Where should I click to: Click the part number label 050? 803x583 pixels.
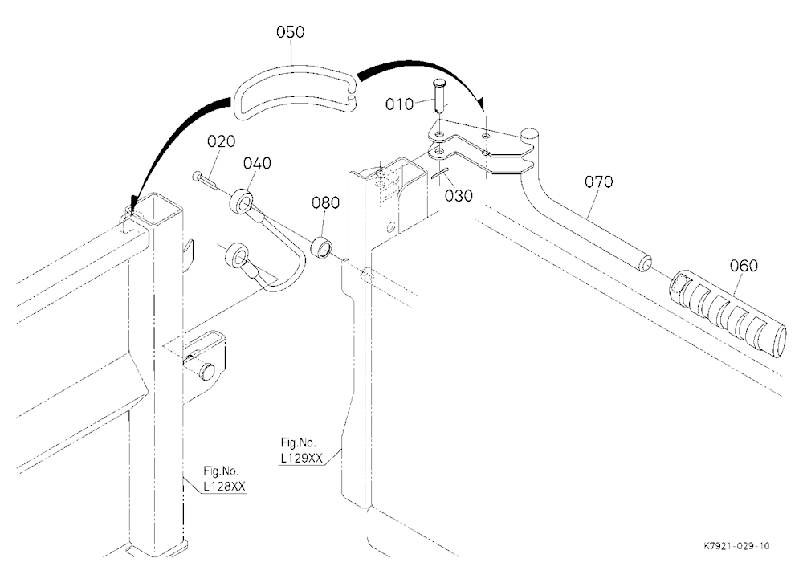[x=291, y=32]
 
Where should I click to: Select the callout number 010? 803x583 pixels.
[x=399, y=104]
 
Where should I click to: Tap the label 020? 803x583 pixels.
[x=222, y=141]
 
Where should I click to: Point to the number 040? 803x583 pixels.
[x=257, y=164]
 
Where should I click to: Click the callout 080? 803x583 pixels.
[x=326, y=203]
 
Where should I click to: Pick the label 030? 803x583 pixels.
[x=459, y=196]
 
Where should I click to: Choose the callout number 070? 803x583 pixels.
[x=599, y=181]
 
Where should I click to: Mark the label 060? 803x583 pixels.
[x=744, y=266]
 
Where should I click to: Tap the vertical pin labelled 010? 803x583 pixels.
[x=440, y=96]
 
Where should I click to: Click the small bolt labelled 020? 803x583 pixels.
[x=205, y=179]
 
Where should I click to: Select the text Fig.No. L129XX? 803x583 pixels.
[x=302, y=450]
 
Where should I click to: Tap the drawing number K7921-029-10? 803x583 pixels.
[x=736, y=546]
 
